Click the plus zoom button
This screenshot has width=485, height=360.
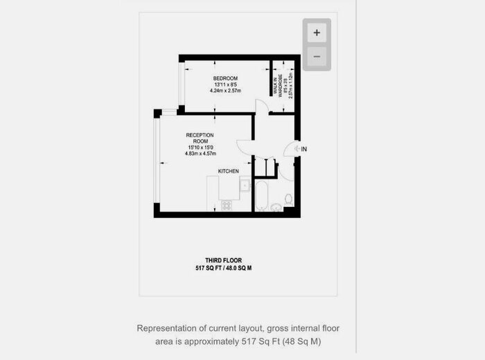tap(317, 33)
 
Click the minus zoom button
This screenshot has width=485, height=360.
tap(317, 57)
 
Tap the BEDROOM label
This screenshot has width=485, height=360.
tap(225, 78)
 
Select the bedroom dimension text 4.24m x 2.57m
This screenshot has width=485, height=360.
tap(225, 90)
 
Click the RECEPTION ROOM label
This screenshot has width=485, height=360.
tap(200, 138)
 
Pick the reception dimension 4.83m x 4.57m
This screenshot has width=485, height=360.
tap(201, 154)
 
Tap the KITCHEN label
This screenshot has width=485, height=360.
tap(229, 171)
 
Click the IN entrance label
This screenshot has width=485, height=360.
tap(304, 149)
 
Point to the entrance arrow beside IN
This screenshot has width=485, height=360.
tap(296, 149)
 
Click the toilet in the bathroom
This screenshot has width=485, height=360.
tap(288, 199)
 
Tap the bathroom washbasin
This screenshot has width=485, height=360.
tap(276, 206)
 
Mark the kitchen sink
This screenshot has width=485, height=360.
tap(245, 186)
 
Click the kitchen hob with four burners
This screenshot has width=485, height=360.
tap(227, 206)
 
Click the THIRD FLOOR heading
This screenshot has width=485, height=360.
tap(223, 260)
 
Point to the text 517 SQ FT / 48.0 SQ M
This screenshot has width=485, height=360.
tap(223, 267)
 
